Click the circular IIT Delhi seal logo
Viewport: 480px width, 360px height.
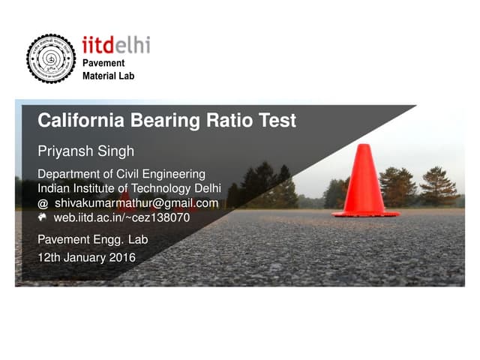(x=51, y=58)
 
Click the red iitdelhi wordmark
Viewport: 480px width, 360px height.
(x=115, y=45)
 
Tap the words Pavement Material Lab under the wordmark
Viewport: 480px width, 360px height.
(x=108, y=70)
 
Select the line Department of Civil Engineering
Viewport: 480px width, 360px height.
(x=121, y=175)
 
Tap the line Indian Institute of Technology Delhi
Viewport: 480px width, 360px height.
(x=129, y=189)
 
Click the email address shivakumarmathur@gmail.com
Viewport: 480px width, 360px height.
(x=136, y=203)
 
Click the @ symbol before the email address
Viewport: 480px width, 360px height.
(x=43, y=204)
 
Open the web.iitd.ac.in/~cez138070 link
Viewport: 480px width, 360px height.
(x=121, y=218)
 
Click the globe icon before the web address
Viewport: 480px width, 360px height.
(x=43, y=217)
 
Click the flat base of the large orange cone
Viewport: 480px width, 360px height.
(x=365, y=213)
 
